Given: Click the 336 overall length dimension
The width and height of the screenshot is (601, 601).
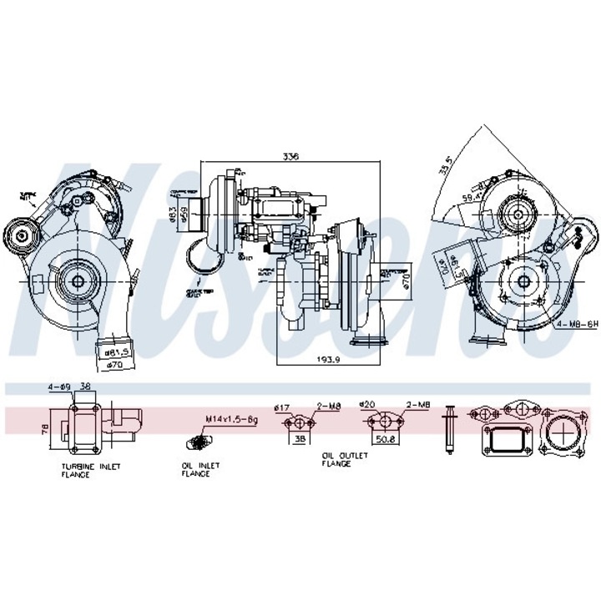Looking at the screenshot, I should pyautogui.click(x=290, y=156).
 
